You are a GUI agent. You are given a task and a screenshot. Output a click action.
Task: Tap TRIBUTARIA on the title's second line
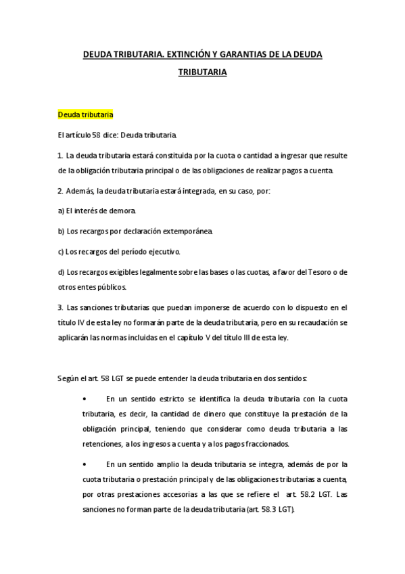tap(202, 70)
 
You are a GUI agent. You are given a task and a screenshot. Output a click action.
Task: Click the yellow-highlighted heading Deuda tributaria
tap(85, 114)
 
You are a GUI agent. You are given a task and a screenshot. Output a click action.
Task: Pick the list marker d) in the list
tap(62, 272)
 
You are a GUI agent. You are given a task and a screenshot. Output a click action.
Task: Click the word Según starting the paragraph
tap(69, 378)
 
